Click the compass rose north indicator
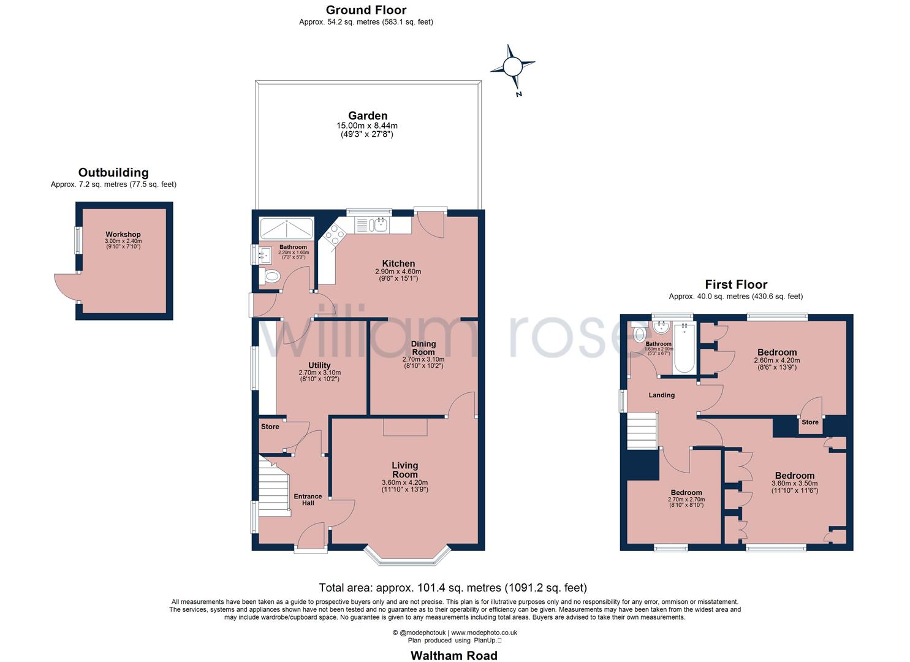(512, 66)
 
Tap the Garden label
(368, 116)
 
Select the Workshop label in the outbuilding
(123, 235)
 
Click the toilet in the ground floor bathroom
(270, 276)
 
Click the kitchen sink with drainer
(372, 225)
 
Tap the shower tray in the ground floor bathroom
(287, 229)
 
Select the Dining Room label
(423, 348)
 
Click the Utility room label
(319, 365)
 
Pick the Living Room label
(404, 470)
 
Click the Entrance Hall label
(308, 500)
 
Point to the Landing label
(661, 395)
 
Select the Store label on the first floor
(810, 422)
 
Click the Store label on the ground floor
(270, 427)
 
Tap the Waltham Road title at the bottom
(454, 655)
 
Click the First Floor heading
(736, 284)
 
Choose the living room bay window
(408, 555)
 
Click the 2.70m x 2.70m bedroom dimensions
(686, 500)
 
